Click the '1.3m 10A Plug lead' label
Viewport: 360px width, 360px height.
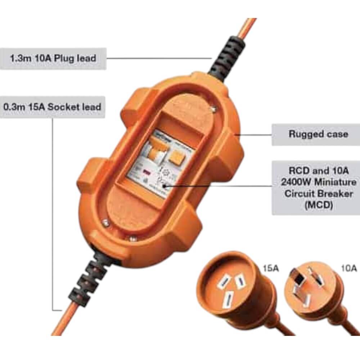click(53, 58)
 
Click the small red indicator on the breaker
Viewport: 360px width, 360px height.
click(147, 172)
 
